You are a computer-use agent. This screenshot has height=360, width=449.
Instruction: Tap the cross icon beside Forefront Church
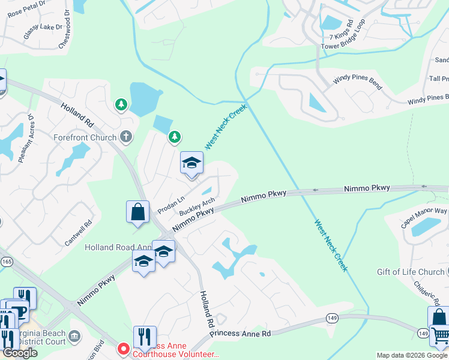point(126,137)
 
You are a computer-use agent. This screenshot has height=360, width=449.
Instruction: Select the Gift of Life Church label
point(411,272)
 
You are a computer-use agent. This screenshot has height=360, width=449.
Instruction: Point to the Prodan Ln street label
point(170,203)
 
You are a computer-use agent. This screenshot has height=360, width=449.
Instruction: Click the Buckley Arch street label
point(197,207)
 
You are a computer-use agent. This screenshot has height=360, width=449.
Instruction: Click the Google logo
point(20,353)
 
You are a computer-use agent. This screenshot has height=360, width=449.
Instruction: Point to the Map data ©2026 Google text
point(411,355)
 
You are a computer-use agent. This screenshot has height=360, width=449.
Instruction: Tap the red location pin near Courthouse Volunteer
point(124,348)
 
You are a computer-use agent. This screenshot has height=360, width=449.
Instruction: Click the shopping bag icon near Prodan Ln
point(137,212)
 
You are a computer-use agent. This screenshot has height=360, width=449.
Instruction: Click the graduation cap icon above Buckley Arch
point(191,163)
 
